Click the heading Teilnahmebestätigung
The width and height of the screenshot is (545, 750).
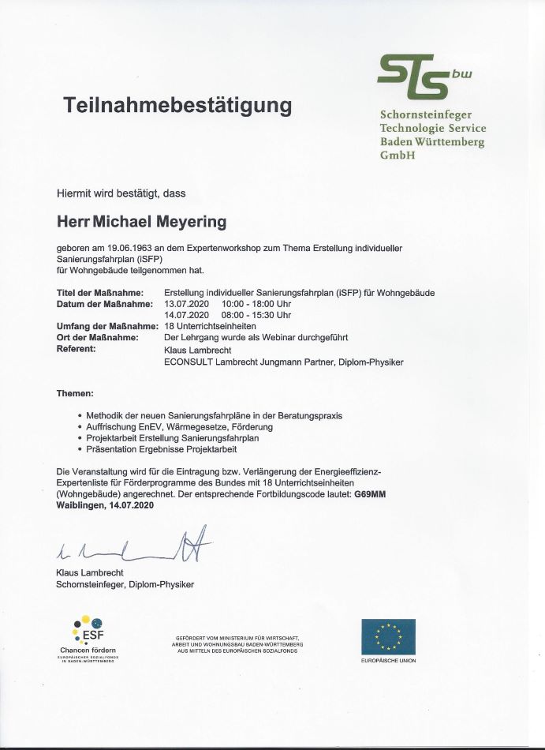click(x=178, y=106)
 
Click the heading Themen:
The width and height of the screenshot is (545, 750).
click(x=76, y=392)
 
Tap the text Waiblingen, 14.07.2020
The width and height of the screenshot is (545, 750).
click(x=105, y=504)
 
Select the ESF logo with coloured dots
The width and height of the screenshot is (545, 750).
click(x=87, y=632)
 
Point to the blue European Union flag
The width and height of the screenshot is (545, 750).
click(x=388, y=636)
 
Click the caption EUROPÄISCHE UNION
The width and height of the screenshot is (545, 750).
click(x=389, y=661)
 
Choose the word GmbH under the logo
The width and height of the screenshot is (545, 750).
click(x=397, y=155)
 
